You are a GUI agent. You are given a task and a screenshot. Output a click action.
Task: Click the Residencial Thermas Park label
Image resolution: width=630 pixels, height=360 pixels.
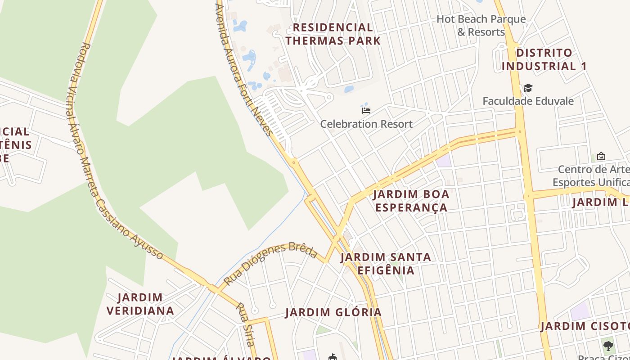[x=333, y=34]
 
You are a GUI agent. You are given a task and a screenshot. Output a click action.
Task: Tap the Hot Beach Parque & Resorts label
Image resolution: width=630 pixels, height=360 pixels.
[x=481, y=26]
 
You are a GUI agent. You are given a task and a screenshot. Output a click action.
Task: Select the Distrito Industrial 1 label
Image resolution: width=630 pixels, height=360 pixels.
[x=544, y=59]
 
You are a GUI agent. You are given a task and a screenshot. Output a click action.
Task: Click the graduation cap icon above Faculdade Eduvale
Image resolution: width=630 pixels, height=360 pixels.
[x=528, y=88]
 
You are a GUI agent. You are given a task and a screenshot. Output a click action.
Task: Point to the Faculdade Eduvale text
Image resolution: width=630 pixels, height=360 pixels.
[x=528, y=101]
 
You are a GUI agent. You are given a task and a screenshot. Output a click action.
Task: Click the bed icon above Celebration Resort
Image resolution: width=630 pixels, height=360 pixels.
[x=366, y=110]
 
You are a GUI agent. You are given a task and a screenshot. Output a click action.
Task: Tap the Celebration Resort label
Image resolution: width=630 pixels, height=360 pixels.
[x=366, y=124]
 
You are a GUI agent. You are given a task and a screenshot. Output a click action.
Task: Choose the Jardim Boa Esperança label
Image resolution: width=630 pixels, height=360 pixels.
[x=411, y=201]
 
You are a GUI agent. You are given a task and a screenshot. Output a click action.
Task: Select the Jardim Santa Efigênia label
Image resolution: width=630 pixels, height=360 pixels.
[x=386, y=264]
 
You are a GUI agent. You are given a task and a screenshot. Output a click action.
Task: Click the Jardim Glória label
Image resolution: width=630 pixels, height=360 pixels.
[x=333, y=312]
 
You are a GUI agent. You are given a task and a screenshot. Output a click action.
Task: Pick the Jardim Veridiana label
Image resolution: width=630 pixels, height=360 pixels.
[x=140, y=304]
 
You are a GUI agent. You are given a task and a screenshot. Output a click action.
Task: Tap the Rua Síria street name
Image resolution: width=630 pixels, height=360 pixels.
[x=246, y=324]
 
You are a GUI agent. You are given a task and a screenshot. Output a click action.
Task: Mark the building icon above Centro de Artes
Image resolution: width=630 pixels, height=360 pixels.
[x=601, y=157]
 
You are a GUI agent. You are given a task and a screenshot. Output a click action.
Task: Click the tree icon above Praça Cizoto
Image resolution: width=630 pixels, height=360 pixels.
[x=608, y=346]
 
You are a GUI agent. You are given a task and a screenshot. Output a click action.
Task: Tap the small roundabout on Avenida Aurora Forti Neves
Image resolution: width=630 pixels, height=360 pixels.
[x=293, y=162]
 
